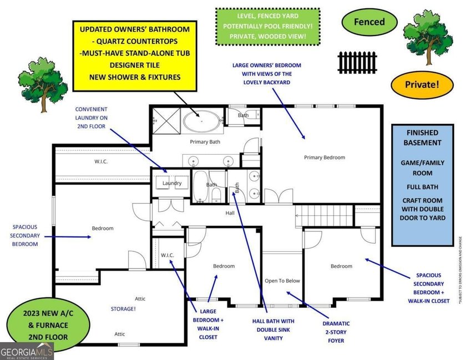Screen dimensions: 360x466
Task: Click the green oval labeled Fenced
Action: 369,22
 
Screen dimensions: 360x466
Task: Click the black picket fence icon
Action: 357,62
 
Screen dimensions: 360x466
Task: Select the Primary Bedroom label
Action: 325,158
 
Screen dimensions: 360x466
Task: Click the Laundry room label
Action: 172,183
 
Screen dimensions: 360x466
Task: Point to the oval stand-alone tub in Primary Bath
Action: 202,120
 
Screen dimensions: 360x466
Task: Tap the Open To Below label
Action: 282,281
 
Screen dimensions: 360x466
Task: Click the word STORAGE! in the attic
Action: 123,308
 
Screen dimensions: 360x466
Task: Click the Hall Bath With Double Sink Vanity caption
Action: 273,329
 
